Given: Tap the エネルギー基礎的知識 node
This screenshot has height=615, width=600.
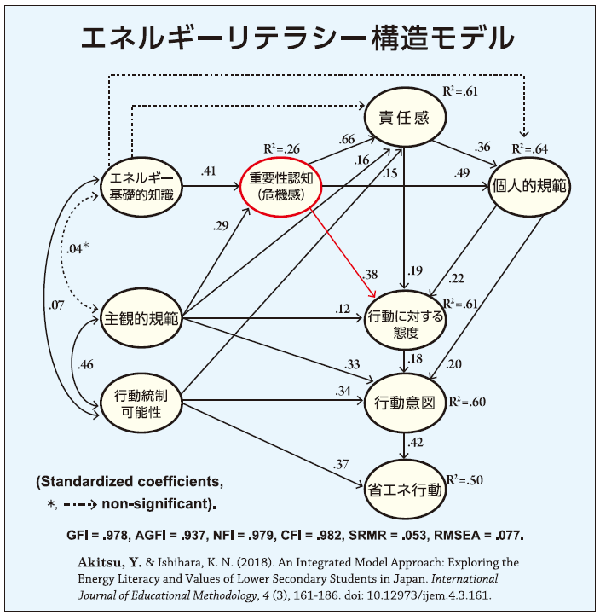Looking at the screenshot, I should [x=141, y=187].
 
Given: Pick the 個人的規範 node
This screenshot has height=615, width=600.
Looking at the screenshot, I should [x=528, y=186].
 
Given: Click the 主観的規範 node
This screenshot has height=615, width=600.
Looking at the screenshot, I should [x=141, y=320].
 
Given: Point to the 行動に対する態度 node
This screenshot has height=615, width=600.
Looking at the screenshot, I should [x=405, y=322].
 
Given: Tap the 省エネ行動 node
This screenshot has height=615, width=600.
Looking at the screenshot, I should [x=405, y=490].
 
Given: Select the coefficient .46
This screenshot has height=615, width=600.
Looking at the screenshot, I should [x=85, y=365].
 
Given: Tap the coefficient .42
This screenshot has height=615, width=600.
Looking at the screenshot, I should [x=416, y=442].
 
